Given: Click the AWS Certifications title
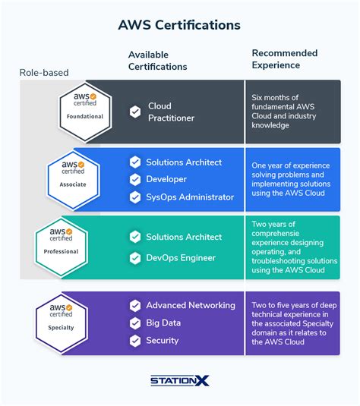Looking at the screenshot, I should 179,25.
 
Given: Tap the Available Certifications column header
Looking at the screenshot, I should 157,61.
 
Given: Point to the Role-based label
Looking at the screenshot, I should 44,73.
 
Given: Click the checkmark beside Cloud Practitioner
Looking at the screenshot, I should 135,112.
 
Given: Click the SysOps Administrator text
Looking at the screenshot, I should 189,197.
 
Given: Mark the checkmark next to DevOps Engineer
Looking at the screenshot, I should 135,258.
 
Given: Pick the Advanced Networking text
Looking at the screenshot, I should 191,305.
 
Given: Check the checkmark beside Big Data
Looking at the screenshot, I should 135,323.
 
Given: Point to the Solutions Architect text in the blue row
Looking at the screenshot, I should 184,162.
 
